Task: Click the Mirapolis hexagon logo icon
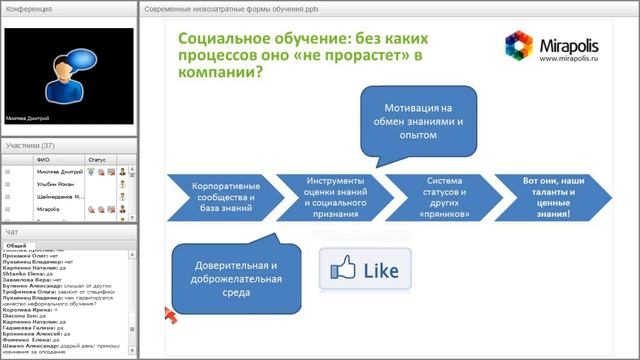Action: pos(520,46)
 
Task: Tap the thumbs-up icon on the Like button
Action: pos(344,268)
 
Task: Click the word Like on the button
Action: pos(381,270)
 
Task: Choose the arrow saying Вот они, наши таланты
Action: pos(547,192)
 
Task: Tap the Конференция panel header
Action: pos(30,8)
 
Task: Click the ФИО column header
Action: pos(43,158)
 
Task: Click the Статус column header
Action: pos(97,158)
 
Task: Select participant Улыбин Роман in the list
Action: pos(56,185)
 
